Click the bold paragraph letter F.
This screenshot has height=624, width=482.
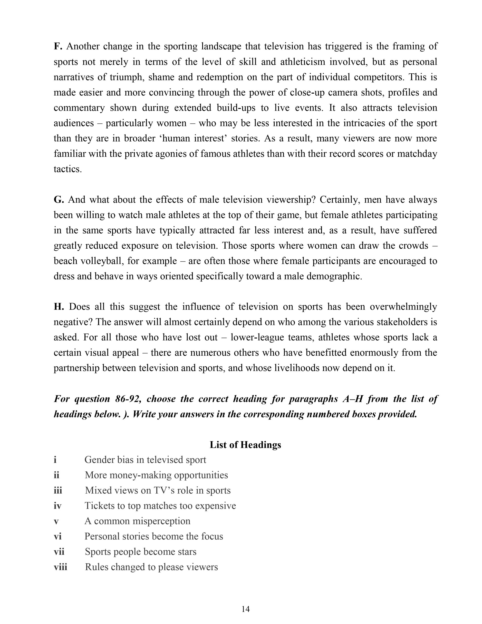[x=58, y=46]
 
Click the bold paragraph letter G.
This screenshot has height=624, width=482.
[x=58, y=199]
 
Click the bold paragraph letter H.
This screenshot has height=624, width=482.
[x=58, y=307]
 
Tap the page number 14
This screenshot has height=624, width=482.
[x=245, y=609]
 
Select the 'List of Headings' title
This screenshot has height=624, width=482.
[x=245, y=445]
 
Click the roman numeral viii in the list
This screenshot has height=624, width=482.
[x=60, y=567]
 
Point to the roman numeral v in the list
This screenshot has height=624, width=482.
[x=56, y=521]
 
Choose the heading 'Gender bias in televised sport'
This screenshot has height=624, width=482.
[x=145, y=460]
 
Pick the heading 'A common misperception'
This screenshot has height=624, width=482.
[x=137, y=521]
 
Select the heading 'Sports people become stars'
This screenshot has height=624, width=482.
[x=141, y=551]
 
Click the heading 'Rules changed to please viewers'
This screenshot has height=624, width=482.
[x=151, y=567]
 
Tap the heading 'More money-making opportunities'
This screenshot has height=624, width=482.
[x=156, y=475]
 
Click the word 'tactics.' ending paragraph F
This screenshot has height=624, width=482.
[x=68, y=169]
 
